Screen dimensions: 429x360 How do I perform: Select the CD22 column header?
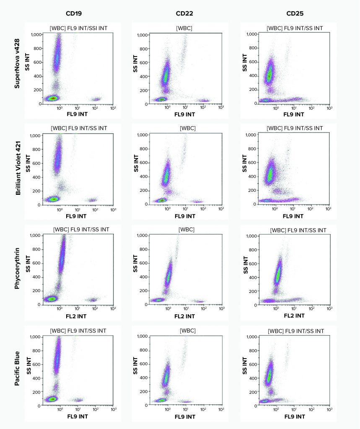click(184, 13)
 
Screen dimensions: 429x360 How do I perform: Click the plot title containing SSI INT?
click(78, 27)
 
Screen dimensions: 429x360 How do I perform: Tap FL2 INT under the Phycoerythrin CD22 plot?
click(184, 316)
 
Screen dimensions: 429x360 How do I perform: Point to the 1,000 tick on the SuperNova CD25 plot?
click(255, 35)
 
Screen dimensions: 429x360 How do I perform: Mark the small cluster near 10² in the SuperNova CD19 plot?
click(97, 99)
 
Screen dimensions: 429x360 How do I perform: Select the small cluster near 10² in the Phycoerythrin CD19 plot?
click(93, 300)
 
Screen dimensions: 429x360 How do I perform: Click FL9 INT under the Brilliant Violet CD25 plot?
click(293, 216)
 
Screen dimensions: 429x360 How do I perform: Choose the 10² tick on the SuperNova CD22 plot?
click(203, 108)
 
